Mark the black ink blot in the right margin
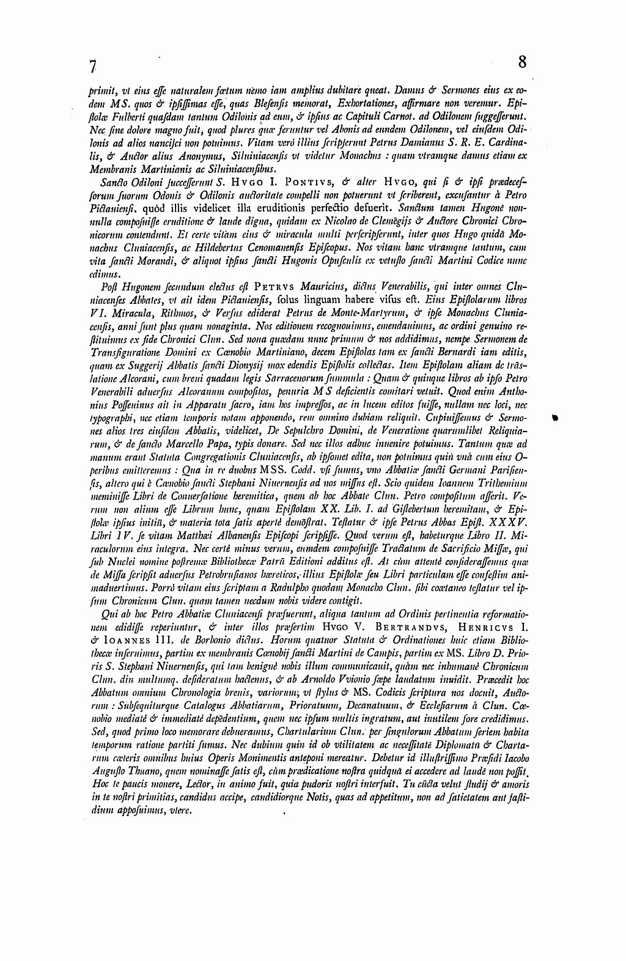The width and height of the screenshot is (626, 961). pyautogui.click(x=556, y=418)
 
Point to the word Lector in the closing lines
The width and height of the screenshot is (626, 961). pyautogui.click(x=190, y=785)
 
